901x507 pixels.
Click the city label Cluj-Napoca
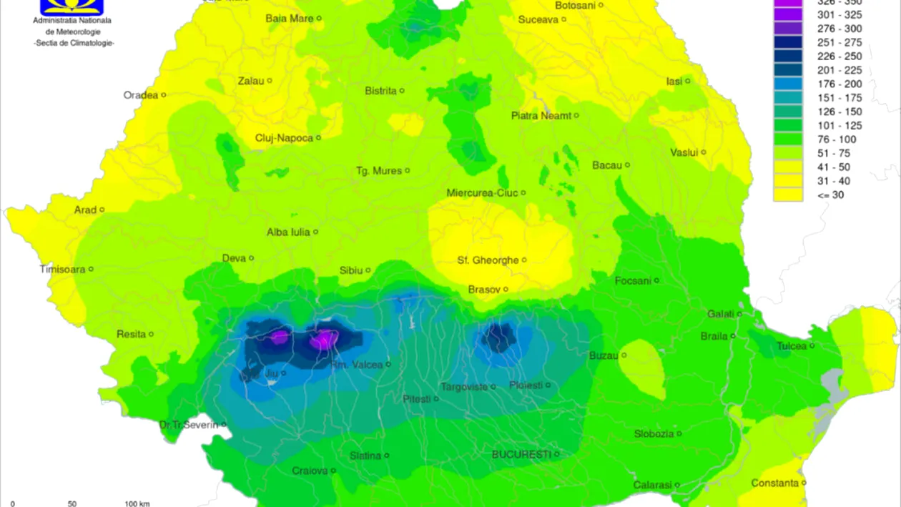click(284, 138)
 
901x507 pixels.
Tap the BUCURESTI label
click(521, 454)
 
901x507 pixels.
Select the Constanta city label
click(774, 483)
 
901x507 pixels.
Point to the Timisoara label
click(62, 270)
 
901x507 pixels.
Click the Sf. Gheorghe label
click(488, 260)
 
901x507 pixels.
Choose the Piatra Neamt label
click(541, 115)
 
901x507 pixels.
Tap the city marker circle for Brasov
click(506, 290)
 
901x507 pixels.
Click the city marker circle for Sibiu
click(368, 270)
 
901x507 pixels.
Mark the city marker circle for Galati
click(739, 314)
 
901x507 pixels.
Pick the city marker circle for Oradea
click(164, 95)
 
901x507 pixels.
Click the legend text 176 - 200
click(840, 84)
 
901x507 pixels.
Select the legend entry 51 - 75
click(834, 153)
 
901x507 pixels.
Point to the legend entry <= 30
click(831, 195)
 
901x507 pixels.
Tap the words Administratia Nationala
click(72, 21)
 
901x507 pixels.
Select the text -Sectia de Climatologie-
click(74, 44)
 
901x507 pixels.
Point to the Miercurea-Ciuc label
click(481, 193)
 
